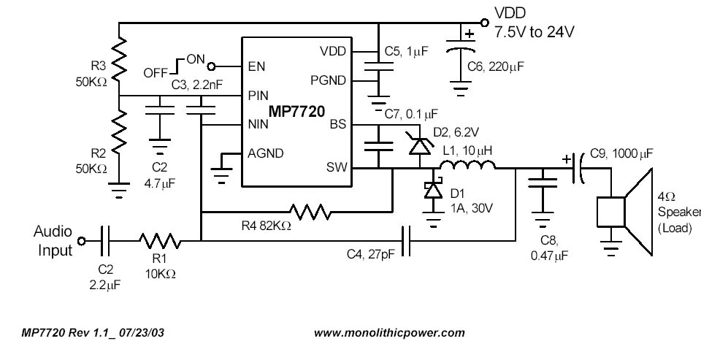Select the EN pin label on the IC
pos(256,66)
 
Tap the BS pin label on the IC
pos(337,124)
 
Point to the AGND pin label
pos(267,153)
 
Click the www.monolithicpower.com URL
pos(389,332)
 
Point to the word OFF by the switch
pos(156,72)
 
